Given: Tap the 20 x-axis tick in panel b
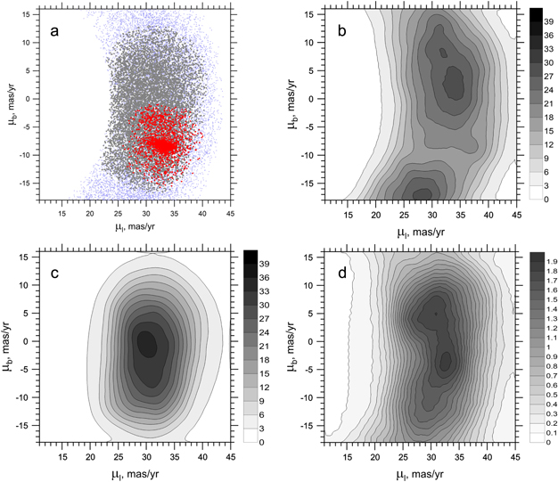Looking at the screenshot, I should (372, 214).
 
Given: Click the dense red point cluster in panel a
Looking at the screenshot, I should (161, 143).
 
